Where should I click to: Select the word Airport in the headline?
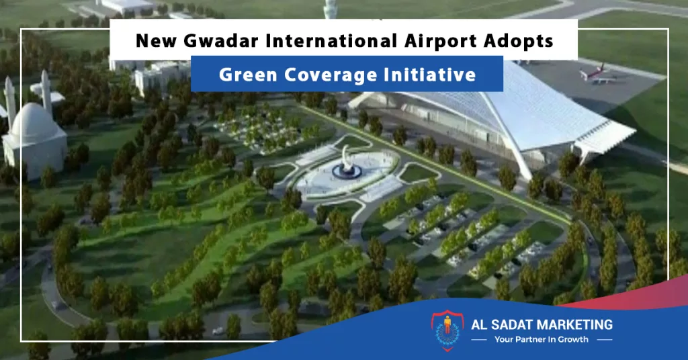(x=441, y=42)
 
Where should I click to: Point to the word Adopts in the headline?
(x=518, y=42)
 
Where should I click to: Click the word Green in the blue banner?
(x=248, y=75)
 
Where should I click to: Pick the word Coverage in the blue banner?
(x=330, y=75)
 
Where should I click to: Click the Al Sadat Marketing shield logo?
(x=447, y=331)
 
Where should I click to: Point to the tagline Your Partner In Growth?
(x=541, y=339)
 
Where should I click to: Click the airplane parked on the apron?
(x=597, y=74)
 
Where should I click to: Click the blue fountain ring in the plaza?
(x=347, y=171)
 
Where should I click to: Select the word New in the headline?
(x=156, y=41)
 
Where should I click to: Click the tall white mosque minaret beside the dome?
(x=46, y=91)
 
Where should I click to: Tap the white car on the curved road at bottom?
(x=218, y=330)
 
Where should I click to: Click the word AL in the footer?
(x=478, y=324)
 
